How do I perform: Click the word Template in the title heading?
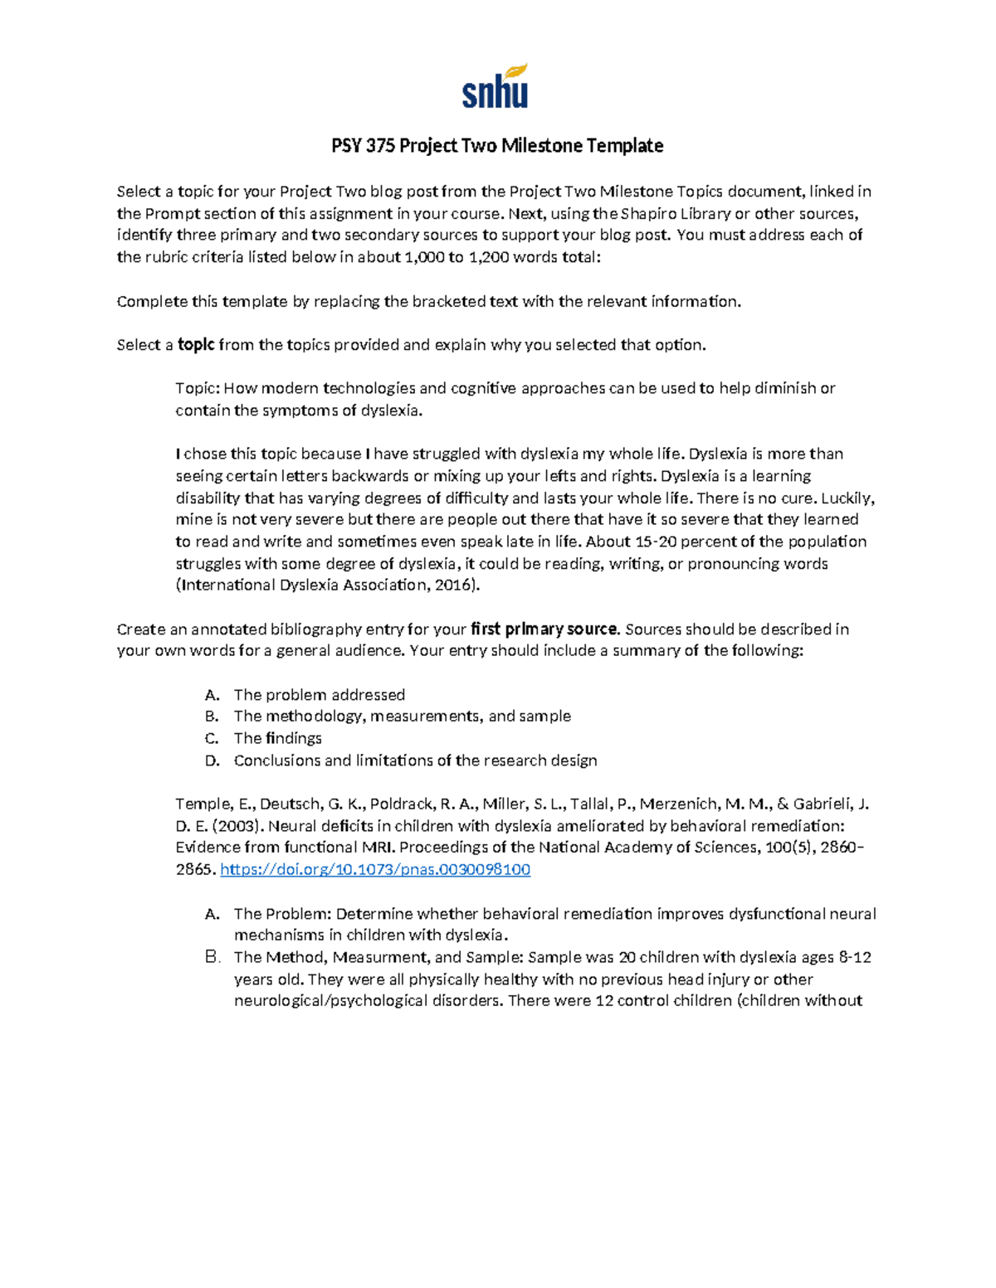[624, 146]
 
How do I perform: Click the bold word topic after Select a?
[196, 345]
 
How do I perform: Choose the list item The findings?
[277, 738]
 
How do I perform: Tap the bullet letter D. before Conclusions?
[212, 761]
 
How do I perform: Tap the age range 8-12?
[854, 957]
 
